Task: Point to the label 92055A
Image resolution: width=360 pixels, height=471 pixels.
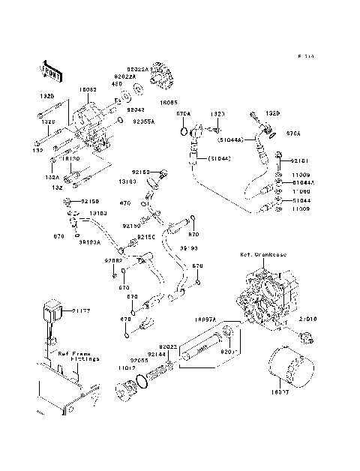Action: tap(144, 120)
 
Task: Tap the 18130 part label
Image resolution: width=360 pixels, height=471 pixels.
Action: tap(72, 159)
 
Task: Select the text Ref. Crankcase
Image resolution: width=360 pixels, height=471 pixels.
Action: tap(259, 255)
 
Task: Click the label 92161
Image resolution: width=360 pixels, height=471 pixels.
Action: tap(299, 160)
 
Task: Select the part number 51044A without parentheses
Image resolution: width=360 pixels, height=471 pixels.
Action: tap(303, 182)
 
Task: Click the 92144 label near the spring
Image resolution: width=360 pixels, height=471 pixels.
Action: tap(156, 353)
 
